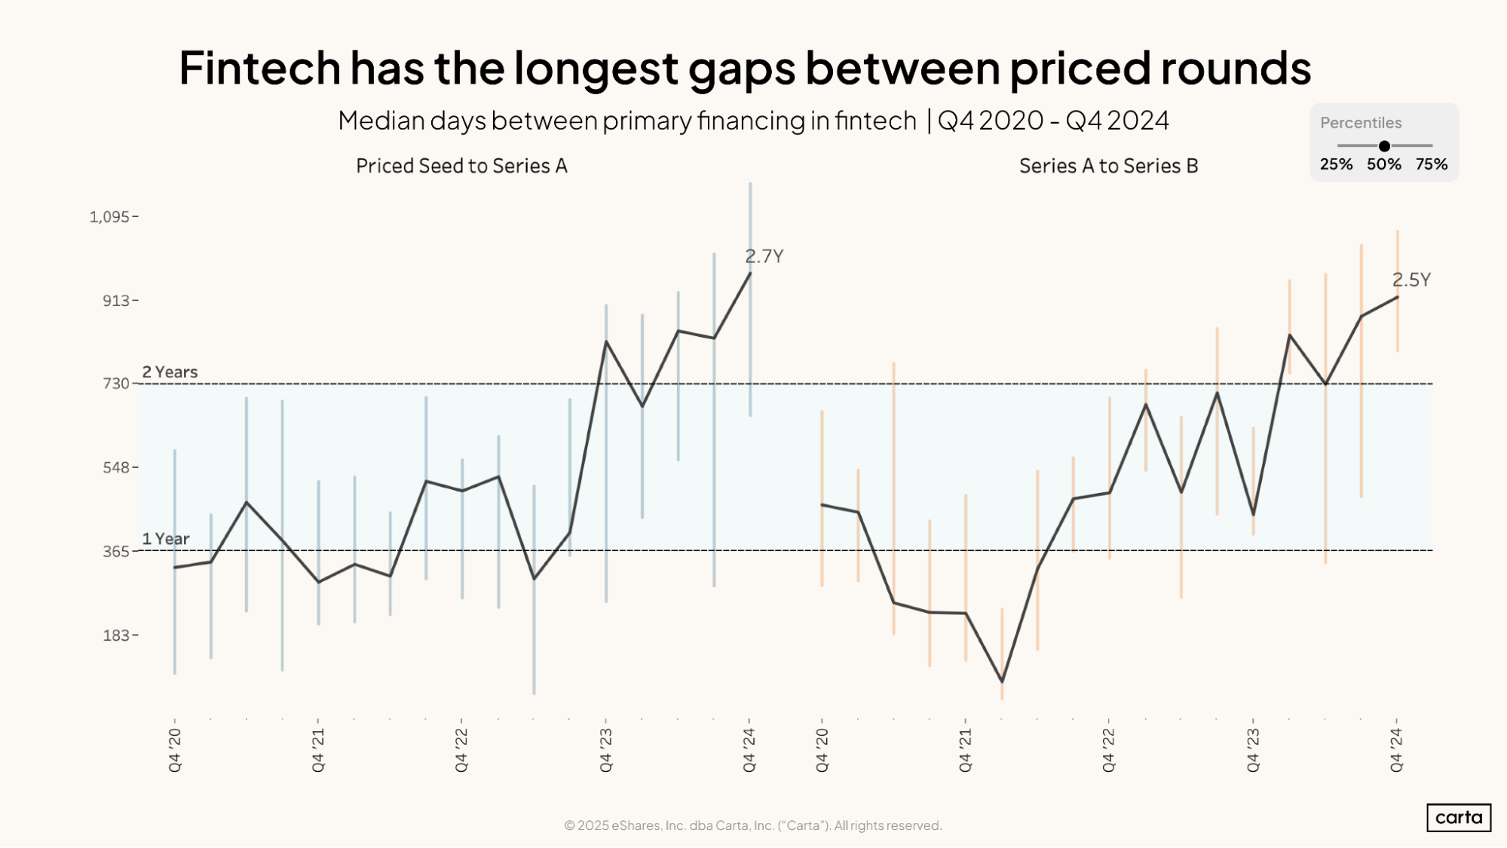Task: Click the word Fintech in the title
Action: click(259, 68)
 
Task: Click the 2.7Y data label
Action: click(764, 256)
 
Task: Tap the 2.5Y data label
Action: click(1411, 280)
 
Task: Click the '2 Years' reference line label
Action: click(170, 372)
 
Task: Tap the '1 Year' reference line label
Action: click(166, 539)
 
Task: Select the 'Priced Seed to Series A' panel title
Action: click(461, 166)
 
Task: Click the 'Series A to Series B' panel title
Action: click(1108, 166)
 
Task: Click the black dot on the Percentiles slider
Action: click(1384, 146)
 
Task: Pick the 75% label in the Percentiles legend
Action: click(1431, 164)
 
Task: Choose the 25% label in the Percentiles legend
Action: click(1336, 164)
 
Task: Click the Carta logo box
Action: click(1458, 817)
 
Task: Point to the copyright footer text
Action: click(752, 825)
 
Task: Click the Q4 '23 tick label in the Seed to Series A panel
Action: click(606, 749)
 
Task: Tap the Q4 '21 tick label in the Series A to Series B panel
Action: click(966, 749)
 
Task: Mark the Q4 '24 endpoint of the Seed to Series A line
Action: click(750, 273)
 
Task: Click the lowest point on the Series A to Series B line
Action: click(1002, 681)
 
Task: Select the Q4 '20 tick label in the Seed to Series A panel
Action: click(175, 749)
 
